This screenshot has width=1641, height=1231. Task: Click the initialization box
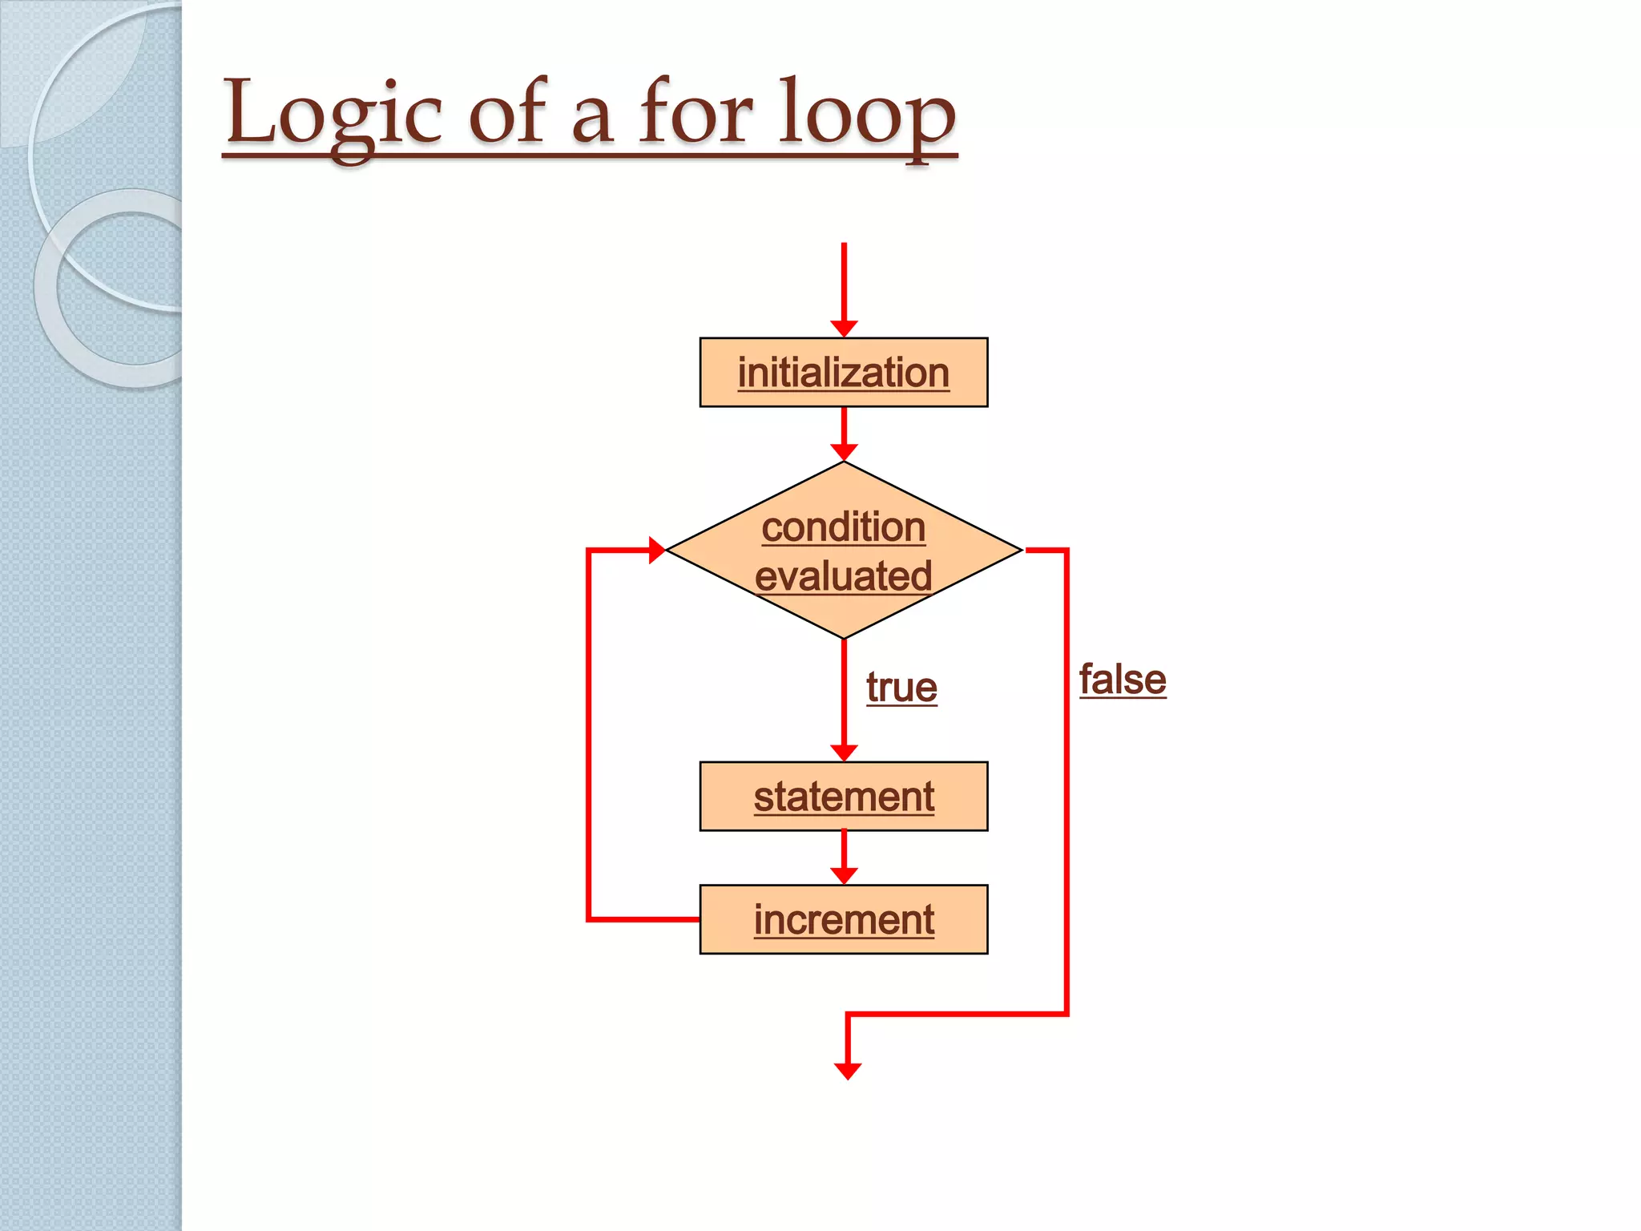844,373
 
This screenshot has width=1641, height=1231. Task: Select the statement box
844,797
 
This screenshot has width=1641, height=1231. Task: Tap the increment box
844,919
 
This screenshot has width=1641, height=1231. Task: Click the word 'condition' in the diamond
844,527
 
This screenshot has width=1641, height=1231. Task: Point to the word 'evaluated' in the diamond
844,576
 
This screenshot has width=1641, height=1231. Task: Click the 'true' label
901,688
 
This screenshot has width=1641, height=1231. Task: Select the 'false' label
1123,680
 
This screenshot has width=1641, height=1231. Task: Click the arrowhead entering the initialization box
844,329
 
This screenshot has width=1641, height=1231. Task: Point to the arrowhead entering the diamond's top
844,453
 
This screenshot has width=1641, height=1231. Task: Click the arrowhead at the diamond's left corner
656,551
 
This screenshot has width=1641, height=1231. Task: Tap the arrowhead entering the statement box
844,753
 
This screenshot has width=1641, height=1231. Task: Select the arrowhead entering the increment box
844,876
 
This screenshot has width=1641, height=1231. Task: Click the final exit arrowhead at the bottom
848,1071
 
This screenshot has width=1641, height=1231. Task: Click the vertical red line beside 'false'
1066,785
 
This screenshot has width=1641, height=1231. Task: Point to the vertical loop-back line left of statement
589,737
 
